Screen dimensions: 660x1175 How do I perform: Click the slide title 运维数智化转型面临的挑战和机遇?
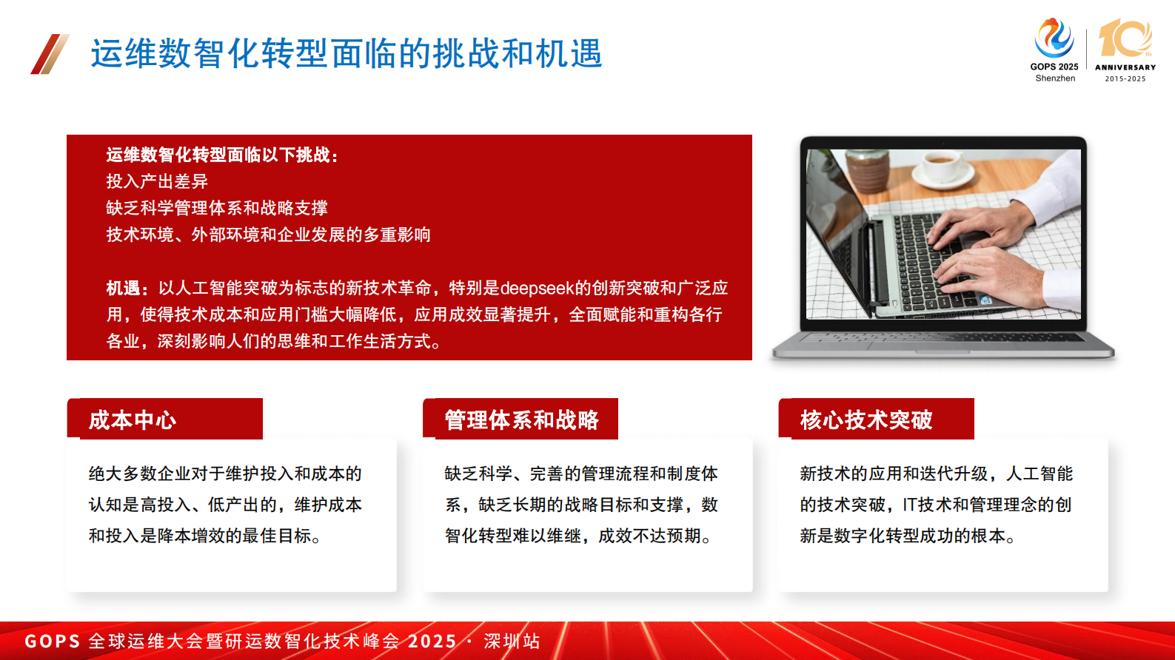tap(347, 54)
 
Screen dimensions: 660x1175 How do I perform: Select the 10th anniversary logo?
tap(1125, 49)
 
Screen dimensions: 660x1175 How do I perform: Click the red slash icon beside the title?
tap(50, 54)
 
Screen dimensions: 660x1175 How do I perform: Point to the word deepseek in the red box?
tap(537, 288)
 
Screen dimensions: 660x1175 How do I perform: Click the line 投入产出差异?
tap(157, 181)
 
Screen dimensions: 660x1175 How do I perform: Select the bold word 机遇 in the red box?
tap(123, 288)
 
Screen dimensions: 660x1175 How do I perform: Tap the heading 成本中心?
tap(133, 420)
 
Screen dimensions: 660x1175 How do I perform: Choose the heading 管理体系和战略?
tap(521, 420)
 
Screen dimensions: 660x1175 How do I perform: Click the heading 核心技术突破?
tap(866, 420)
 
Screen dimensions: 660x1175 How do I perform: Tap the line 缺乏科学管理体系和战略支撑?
tap(217, 208)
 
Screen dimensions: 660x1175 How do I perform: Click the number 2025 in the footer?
tap(432, 641)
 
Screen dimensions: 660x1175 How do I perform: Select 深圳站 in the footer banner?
tap(512, 641)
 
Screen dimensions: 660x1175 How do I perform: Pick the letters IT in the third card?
tap(910, 505)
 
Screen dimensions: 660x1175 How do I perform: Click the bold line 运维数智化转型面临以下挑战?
tap(221, 155)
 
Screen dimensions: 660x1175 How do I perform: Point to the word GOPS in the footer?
tap(52, 641)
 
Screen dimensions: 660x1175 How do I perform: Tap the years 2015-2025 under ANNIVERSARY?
tap(1125, 78)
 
